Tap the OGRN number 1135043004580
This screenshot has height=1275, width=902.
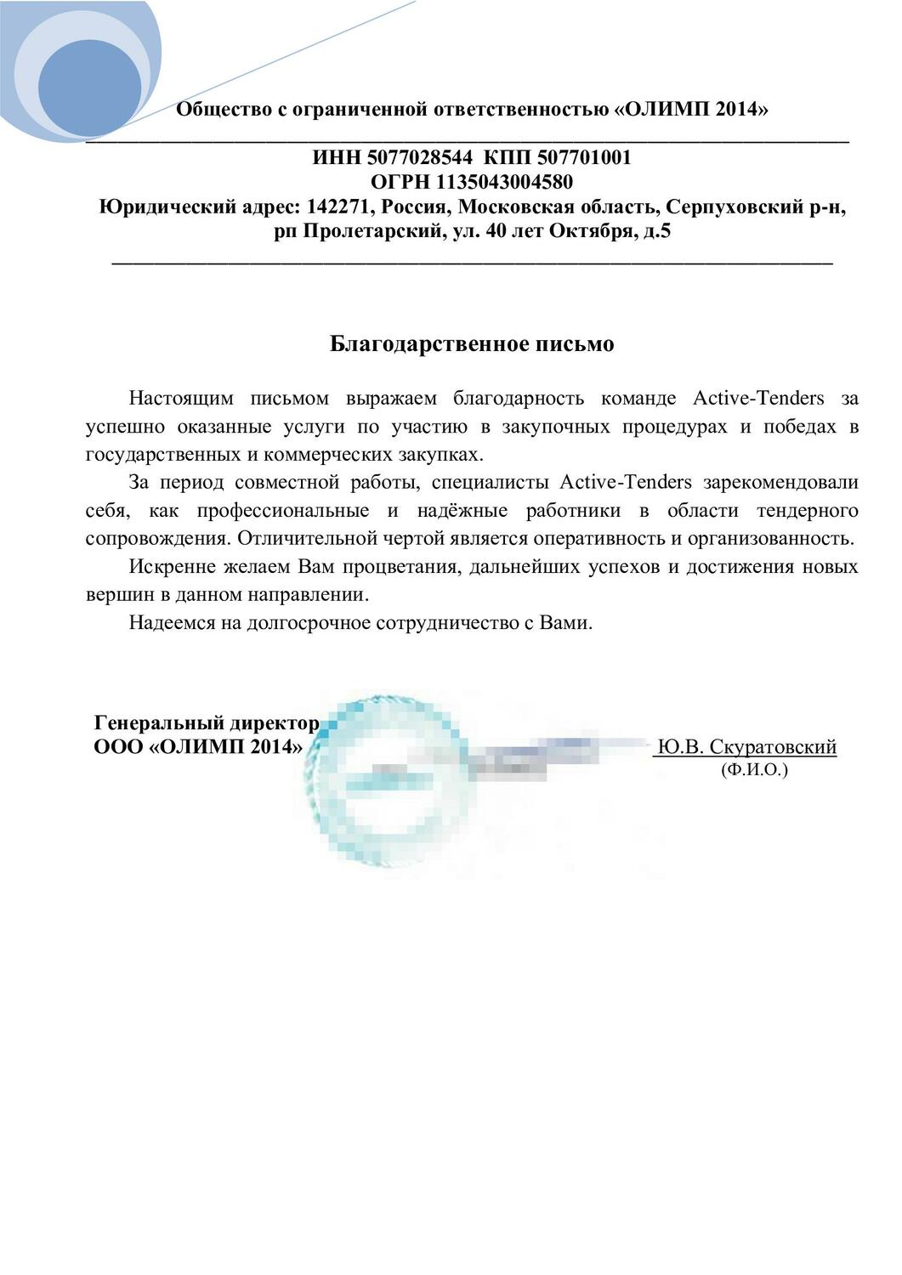tap(504, 182)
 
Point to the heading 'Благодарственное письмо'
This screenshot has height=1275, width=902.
tap(472, 344)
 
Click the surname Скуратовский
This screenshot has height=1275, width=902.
tap(772, 746)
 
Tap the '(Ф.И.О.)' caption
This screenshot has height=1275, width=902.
tap(754, 769)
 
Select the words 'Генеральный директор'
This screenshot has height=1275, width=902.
tap(207, 723)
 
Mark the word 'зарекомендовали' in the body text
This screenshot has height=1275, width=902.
tap(780, 483)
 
